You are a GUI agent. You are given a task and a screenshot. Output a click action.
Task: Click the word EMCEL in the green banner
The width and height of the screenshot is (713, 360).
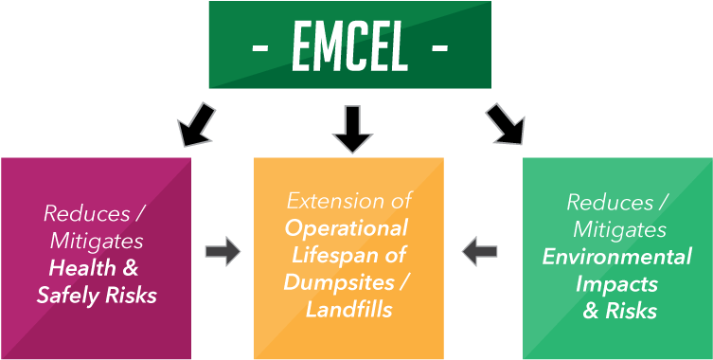click(349, 46)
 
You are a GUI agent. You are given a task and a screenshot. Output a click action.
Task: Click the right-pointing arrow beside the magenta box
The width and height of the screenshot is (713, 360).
click(223, 251)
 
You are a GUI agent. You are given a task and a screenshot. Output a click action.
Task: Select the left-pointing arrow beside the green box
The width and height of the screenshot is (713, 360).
click(480, 251)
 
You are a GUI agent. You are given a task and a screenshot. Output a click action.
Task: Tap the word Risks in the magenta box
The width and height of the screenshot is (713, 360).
click(132, 296)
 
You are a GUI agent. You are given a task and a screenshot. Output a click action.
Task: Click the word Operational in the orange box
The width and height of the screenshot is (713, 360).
click(347, 228)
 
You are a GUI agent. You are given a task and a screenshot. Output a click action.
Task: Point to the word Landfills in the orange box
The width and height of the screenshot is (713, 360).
click(348, 308)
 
